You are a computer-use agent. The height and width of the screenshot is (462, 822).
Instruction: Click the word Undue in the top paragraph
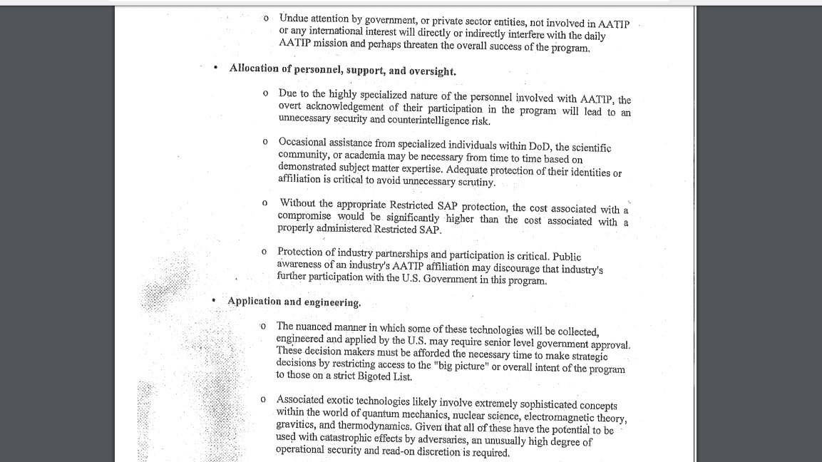point(294,18)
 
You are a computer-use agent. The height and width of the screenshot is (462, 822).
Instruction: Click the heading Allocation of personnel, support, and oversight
point(342,71)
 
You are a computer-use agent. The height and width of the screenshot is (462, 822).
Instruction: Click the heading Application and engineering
point(294,302)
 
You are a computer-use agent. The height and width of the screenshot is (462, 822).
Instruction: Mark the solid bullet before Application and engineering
point(213,300)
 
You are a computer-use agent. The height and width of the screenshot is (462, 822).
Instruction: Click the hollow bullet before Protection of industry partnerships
point(264,252)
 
